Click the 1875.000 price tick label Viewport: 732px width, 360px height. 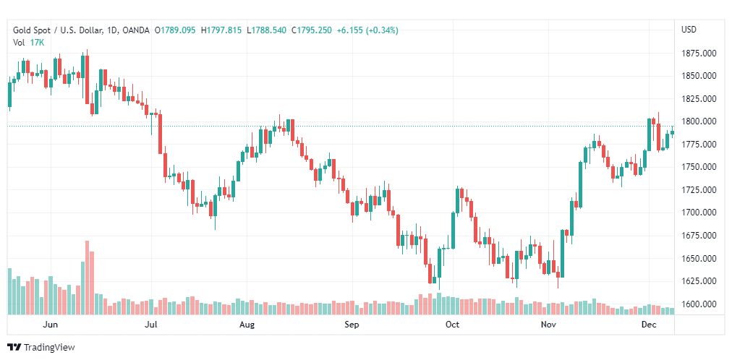click(x=699, y=53)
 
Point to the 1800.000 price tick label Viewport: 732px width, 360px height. click(x=699, y=121)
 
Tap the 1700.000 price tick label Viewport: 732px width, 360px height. click(x=699, y=213)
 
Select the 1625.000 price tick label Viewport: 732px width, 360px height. click(x=699, y=281)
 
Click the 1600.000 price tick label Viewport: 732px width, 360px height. click(x=699, y=304)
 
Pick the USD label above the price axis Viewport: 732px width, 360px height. click(x=689, y=30)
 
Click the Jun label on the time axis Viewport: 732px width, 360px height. click(x=51, y=325)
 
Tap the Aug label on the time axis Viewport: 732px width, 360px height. click(x=247, y=325)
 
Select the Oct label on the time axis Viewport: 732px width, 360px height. click(x=452, y=325)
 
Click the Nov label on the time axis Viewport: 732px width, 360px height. click(x=550, y=325)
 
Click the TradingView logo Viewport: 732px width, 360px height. click(x=41, y=348)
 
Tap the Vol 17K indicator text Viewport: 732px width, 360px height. click(x=29, y=42)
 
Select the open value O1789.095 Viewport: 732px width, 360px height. click(x=176, y=30)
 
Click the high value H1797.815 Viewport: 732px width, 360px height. click(x=223, y=30)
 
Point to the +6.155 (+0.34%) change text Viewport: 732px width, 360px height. click(x=367, y=30)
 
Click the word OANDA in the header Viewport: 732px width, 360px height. click(x=137, y=30)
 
